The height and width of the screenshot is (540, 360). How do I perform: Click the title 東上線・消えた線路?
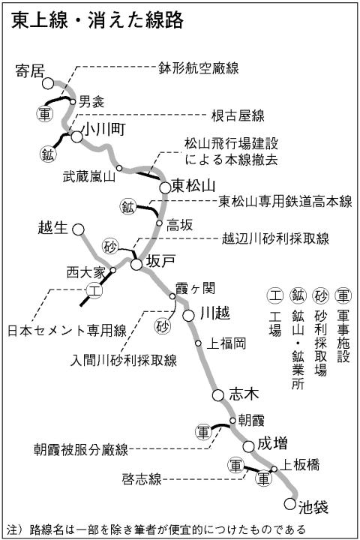tap(97, 21)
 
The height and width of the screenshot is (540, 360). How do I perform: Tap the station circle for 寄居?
tap(48, 83)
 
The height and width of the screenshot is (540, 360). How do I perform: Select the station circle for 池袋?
tap(290, 504)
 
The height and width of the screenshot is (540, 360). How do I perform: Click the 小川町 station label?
tap(103, 130)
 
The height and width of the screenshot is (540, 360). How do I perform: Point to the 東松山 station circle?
tap(165, 188)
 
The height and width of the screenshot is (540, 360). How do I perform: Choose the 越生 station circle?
tap(79, 229)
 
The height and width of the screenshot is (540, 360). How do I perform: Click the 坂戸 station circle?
tap(136, 265)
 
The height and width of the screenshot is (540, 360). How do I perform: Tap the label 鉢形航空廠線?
tap(199, 68)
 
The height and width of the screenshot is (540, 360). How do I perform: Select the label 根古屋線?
tap(238, 116)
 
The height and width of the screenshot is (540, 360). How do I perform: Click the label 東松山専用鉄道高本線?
tap(285, 202)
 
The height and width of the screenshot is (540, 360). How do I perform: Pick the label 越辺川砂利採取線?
tap(275, 238)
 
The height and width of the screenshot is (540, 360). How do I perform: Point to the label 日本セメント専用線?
tap(67, 330)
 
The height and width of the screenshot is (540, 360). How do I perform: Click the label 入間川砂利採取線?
tap(123, 360)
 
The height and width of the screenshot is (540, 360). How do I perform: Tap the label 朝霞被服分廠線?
tap(81, 450)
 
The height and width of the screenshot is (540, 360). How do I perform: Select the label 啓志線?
tap(142, 479)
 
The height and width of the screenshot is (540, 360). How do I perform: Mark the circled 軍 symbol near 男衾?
tap(45, 114)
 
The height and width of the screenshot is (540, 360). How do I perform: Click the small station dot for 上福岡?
tap(198, 343)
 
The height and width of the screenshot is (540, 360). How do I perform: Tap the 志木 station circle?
tap(218, 395)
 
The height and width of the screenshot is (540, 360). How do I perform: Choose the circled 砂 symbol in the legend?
tap(320, 295)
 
